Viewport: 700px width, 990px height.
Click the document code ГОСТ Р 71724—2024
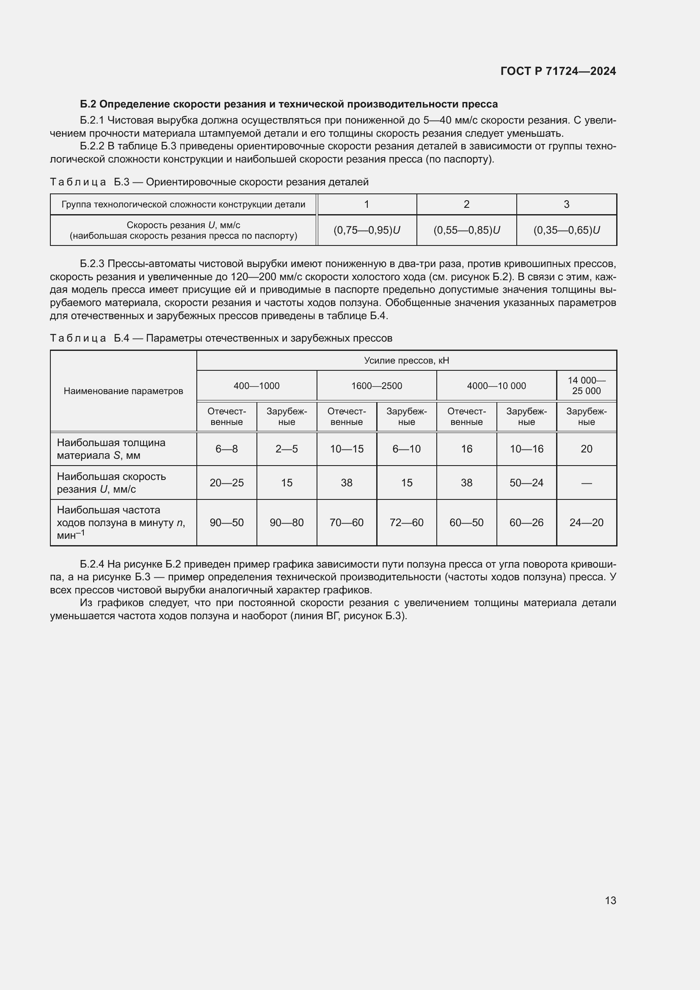point(558,71)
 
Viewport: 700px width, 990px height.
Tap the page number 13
point(610,900)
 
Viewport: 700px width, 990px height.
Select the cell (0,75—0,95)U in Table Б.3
point(367,230)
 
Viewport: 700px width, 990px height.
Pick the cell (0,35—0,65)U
point(566,230)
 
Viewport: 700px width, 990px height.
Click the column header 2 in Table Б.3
point(466,204)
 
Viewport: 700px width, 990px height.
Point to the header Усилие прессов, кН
point(406,361)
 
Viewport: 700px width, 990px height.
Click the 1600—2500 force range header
point(376,386)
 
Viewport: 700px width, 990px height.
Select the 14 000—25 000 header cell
point(586,386)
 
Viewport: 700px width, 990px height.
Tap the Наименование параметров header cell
point(123,391)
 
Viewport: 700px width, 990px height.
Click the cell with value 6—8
point(226,449)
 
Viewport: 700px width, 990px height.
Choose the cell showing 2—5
point(287,449)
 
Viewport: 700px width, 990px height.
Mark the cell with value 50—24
point(526,483)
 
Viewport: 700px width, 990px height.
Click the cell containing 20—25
point(226,483)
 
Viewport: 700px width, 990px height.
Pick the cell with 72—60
point(406,523)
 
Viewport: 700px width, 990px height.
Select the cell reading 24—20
point(586,523)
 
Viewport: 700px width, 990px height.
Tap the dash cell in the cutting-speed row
point(586,483)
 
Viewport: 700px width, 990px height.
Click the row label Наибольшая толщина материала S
point(111,449)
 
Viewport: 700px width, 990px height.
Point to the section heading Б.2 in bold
point(288,105)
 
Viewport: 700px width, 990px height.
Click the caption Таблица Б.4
point(220,338)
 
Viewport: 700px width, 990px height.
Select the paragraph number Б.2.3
point(92,264)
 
